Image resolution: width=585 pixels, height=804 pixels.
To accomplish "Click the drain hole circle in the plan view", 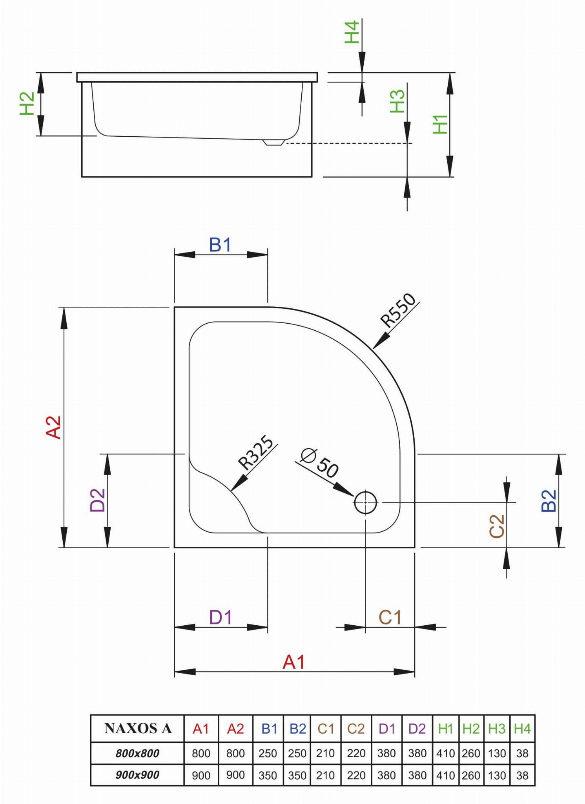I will [365, 502].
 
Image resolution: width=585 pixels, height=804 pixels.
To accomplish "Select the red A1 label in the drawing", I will [293, 662].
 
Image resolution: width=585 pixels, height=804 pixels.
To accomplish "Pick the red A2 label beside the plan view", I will [54, 427].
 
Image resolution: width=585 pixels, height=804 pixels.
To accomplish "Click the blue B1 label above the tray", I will [220, 245].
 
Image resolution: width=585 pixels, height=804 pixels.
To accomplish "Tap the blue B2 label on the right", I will [549, 500].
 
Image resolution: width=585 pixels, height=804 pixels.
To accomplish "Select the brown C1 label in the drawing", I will [390, 617].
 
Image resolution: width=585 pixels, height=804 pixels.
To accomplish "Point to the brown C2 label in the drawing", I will [497, 526].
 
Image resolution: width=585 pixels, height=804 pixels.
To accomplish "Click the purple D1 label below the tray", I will [221, 617].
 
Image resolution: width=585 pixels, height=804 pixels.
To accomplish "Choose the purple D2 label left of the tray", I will [98, 500].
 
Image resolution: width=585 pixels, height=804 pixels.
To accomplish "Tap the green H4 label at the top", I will [352, 32].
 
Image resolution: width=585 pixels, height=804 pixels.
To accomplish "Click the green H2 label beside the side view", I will [27, 103].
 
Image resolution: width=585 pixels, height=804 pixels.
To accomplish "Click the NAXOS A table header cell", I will [138, 729].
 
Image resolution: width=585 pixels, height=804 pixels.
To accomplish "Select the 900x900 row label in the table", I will [137, 775].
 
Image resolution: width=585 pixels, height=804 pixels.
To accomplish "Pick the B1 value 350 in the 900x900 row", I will [268, 775].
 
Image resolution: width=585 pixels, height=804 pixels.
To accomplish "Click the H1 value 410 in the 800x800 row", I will [445, 753].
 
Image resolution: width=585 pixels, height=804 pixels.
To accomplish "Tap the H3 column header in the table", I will [497, 729].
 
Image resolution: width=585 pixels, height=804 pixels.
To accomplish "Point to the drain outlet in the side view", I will [273, 142].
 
